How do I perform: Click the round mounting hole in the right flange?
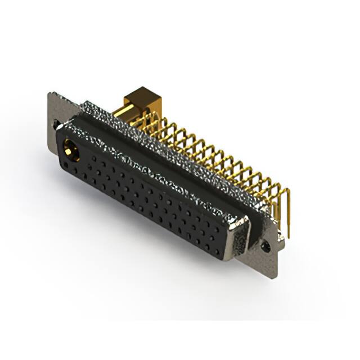pyautogui.click(x=267, y=246)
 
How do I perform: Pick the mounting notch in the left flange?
pyautogui.click(x=56, y=122)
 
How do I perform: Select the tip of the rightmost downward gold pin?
pyautogui.click(x=289, y=236)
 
